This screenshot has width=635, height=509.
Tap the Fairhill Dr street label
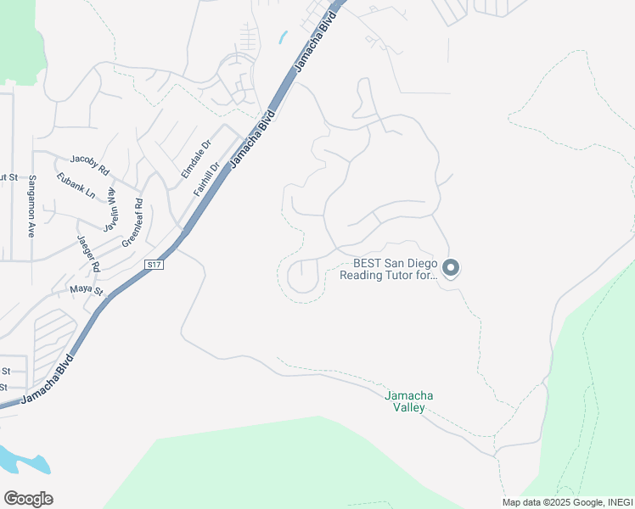206,180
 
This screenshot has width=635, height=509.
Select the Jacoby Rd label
90,165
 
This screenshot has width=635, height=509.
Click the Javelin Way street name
110,210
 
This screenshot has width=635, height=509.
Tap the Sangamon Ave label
32,206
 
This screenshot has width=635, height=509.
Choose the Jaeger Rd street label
88,253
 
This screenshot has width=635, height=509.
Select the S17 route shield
154,265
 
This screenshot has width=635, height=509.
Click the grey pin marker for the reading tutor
451,268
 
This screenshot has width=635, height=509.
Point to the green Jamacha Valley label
404,401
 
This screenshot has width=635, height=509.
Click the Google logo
28,498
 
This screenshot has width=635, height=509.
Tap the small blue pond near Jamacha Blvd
282,37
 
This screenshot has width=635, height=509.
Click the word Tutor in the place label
412,275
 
